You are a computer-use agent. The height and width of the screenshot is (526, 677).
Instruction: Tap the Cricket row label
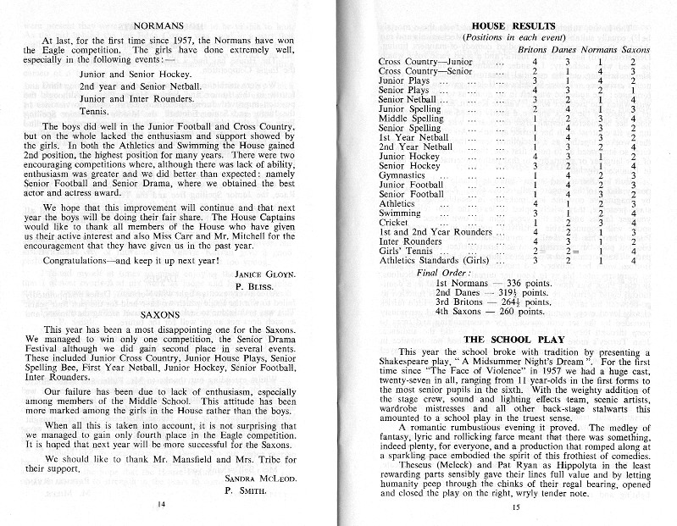[392, 221]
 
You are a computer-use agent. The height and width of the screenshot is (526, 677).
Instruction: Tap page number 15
[515, 507]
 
